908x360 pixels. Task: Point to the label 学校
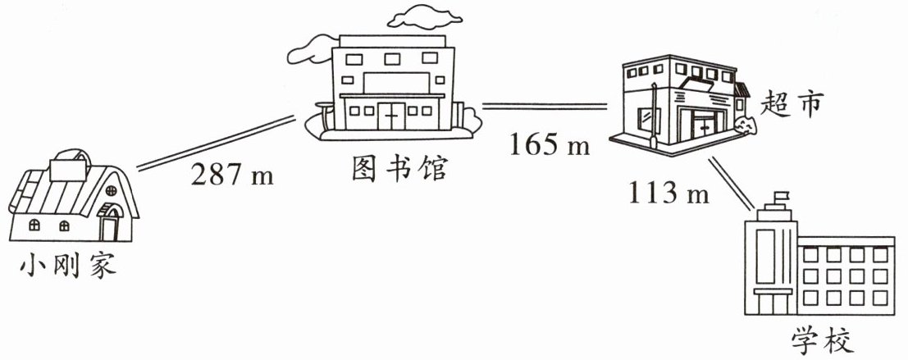click(x=824, y=338)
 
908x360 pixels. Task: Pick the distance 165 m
click(x=550, y=145)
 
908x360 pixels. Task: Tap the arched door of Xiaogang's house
click(x=109, y=223)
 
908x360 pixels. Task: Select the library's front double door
click(x=392, y=116)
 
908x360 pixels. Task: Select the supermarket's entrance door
click(x=704, y=128)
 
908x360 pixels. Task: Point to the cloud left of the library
click(x=308, y=55)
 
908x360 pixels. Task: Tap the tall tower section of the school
click(x=769, y=262)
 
